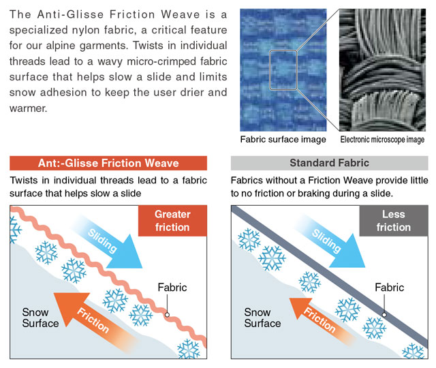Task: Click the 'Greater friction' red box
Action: click(x=172, y=221)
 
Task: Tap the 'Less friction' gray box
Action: click(x=394, y=221)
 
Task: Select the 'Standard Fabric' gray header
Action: click(x=330, y=163)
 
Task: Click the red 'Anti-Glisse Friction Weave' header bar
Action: click(x=108, y=163)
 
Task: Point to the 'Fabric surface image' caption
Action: click(x=283, y=139)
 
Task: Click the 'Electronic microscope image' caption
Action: click(x=382, y=139)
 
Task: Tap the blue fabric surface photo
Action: click(x=283, y=70)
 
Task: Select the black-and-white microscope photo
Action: click(x=382, y=70)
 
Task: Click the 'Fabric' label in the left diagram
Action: click(x=172, y=288)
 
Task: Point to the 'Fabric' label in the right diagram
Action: click(x=389, y=288)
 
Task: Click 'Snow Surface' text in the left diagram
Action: click(x=40, y=318)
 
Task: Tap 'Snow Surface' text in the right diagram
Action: click(x=262, y=318)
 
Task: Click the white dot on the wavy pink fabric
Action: click(x=167, y=315)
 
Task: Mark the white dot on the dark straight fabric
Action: click(x=384, y=315)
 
